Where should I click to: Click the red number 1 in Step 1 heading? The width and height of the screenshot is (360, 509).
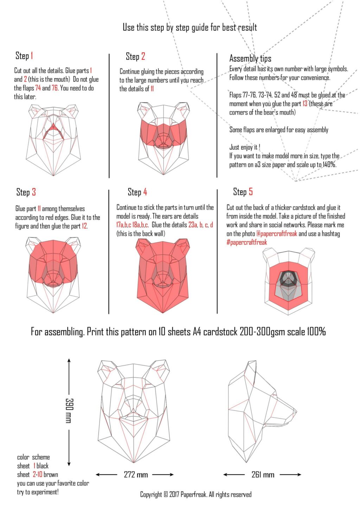(x=32, y=56)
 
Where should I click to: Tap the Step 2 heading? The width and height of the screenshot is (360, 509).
(x=135, y=56)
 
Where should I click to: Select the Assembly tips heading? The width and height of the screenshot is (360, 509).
(x=250, y=58)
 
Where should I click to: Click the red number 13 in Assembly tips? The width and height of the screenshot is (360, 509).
(x=305, y=104)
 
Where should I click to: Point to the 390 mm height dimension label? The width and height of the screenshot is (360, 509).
(x=69, y=410)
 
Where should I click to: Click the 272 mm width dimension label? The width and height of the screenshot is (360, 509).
(x=136, y=475)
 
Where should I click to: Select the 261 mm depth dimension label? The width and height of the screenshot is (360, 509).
(x=263, y=475)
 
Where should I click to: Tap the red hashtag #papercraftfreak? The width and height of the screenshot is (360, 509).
(x=247, y=242)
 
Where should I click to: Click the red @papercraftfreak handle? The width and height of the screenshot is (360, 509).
(x=277, y=234)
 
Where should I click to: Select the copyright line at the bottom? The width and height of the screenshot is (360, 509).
(x=196, y=495)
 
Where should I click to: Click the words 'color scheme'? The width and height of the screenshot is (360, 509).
(x=33, y=457)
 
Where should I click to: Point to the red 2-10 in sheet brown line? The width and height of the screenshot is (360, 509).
(x=38, y=475)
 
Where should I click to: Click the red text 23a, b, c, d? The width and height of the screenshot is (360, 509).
(x=201, y=225)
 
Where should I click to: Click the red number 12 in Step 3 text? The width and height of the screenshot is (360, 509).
(x=85, y=226)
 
